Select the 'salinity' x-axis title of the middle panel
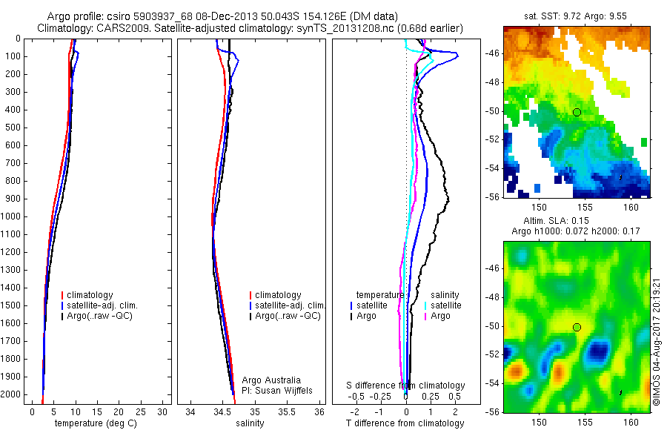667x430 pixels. tap(250, 423)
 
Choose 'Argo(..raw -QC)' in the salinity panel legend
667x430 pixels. tap(288, 316)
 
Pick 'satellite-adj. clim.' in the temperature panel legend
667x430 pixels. tap(104, 305)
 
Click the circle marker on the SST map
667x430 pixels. tap(577, 112)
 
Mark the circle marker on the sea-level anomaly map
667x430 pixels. tap(577, 327)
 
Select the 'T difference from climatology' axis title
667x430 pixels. tap(405, 423)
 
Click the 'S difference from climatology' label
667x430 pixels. tap(406, 386)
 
